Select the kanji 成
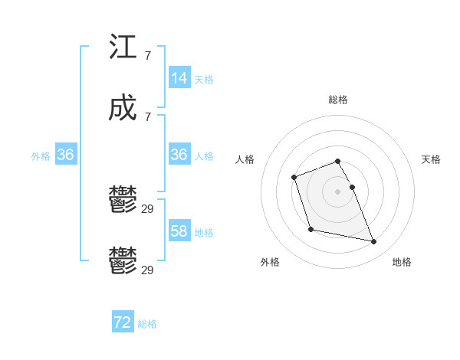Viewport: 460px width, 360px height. click(123, 108)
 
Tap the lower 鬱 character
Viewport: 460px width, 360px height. click(123, 260)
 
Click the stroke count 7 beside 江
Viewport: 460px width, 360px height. click(147, 55)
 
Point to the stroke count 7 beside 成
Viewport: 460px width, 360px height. click(147, 116)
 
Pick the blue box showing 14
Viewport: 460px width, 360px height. click(179, 78)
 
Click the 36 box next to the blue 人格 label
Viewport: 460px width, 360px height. click(179, 155)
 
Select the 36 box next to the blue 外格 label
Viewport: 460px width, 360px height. click(66, 155)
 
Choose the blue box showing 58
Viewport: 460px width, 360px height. click(179, 231)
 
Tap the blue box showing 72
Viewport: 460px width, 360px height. click(123, 323)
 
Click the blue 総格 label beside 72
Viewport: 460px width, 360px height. click(147, 324)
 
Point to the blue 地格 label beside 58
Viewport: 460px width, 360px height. click(204, 232)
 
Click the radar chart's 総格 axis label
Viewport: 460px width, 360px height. click(338, 100)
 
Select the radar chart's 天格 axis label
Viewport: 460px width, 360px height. click(431, 159)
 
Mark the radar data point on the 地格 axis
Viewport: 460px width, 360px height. click(374, 242)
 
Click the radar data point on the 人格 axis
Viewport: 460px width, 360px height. click(294, 178)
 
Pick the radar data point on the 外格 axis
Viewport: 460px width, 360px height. click(310, 229)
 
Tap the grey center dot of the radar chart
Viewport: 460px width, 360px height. click(338, 191)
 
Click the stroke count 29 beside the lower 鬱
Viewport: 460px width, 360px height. click(147, 270)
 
